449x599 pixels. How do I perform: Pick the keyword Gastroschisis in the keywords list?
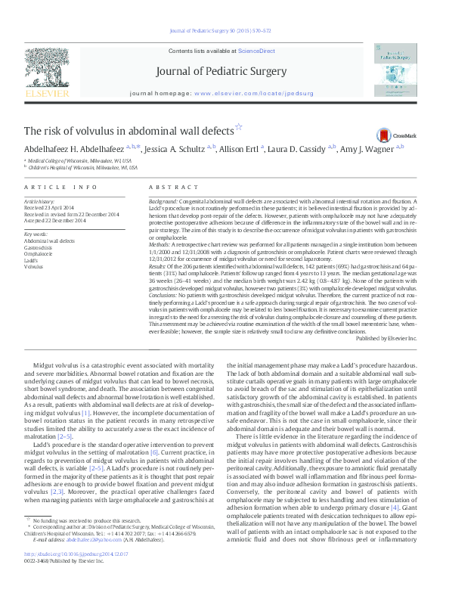tap(39, 247)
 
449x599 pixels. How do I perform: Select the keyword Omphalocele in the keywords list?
tap(39, 253)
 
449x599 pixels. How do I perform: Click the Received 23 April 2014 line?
tap(50, 207)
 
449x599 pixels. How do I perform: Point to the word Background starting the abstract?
tap(163, 201)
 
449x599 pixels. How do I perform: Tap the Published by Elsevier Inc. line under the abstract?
tap(386, 338)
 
